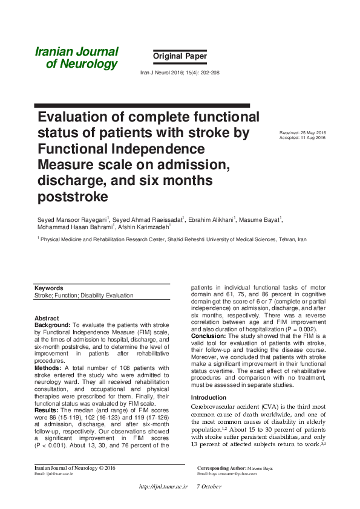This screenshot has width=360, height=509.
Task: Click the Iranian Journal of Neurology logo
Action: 76,58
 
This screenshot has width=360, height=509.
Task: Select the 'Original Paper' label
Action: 180,56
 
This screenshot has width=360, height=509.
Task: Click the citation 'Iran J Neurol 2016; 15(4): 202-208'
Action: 180,72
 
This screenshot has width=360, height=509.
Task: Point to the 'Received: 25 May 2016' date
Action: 303,133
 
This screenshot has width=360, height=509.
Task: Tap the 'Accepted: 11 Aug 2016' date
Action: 303,138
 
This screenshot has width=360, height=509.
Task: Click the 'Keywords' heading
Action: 49,288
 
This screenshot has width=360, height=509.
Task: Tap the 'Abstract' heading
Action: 47,318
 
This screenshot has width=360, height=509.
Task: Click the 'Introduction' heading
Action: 209,397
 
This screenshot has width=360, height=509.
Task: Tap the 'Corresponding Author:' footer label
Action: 221,468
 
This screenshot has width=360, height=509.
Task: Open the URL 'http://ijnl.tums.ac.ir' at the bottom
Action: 163,487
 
